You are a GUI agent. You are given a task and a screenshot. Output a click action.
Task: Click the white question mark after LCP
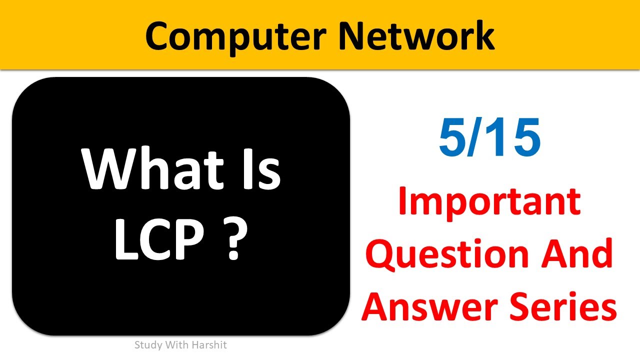[x=234, y=241]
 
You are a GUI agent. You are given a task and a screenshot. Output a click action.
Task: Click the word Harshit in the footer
[x=210, y=345]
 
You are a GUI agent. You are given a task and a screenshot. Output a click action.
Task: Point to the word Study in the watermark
[x=145, y=345]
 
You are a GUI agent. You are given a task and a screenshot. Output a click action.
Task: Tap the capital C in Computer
[x=159, y=36]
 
